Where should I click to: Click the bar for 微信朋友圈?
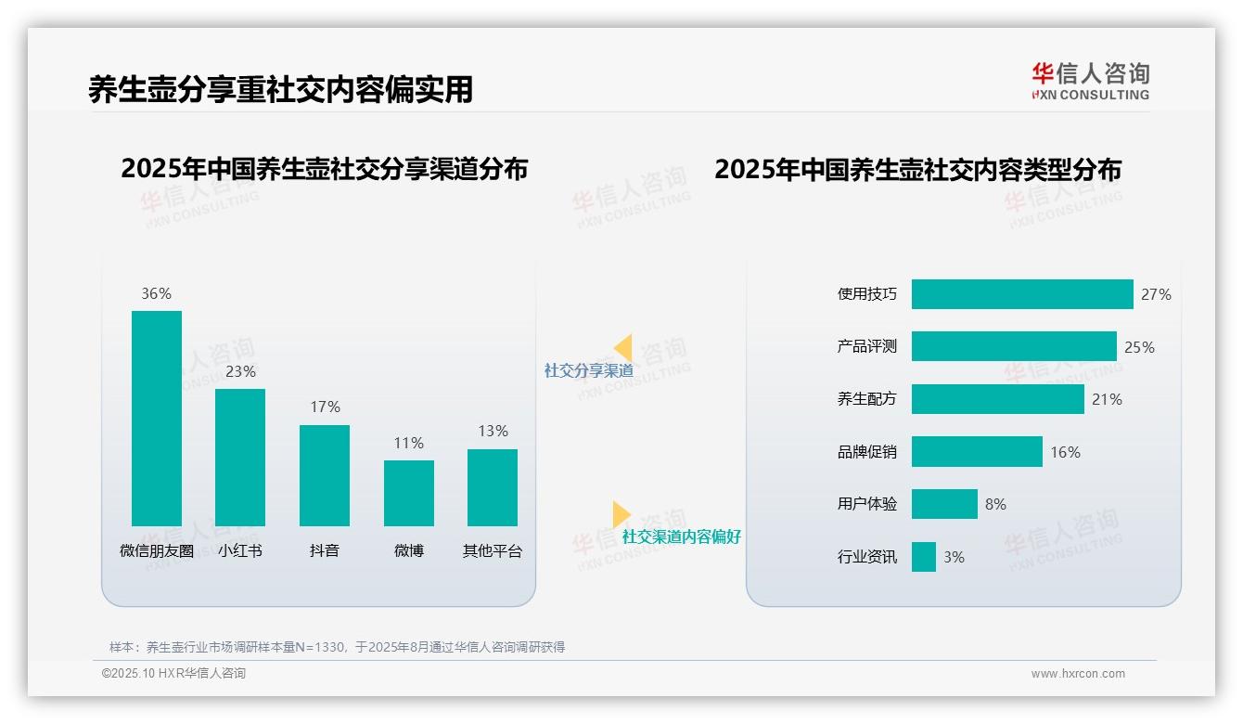(x=157, y=419)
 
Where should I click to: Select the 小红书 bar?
(x=240, y=458)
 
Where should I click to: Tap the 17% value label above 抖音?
(x=325, y=407)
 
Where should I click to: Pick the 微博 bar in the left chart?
(x=409, y=493)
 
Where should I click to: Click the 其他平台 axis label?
(x=493, y=550)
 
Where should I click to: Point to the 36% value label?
(x=156, y=293)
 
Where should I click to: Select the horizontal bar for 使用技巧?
(x=1022, y=294)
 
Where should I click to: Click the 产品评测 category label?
(x=866, y=346)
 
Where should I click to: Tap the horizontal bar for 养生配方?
(x=997, y=399)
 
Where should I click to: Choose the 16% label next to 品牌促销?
(x=1065, y=452)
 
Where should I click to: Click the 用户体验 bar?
(x=944, y=504)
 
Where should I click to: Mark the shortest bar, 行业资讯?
(x=924, y=557)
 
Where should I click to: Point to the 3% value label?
(x=954, y=557)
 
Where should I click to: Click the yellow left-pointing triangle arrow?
(x=623, y=347)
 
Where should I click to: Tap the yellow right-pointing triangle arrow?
(x=621, y=514)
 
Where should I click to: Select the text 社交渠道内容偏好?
(x=681, y=537)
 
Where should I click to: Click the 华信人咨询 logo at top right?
(x=1090, y=81)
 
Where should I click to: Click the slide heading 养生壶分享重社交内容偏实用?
(x=280, y=89)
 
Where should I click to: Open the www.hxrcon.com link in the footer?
(x=1078, y=674)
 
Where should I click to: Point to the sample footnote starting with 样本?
(x=337, y=647)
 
